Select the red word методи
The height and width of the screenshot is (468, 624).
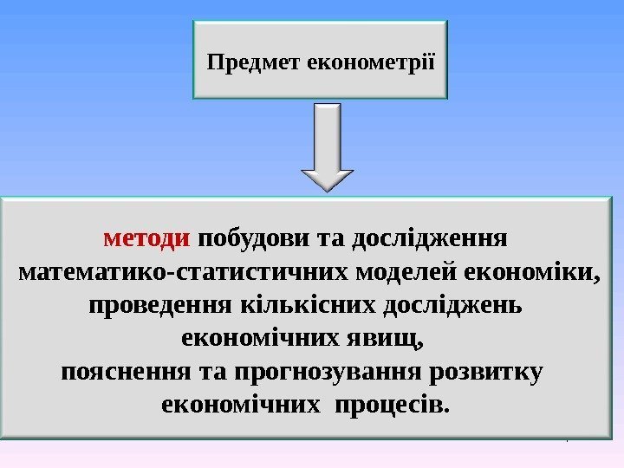click(x=133, y=237)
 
